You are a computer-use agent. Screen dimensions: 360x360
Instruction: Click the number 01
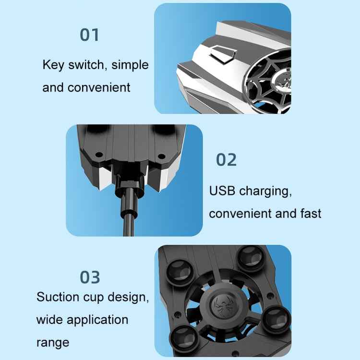coord(89,35)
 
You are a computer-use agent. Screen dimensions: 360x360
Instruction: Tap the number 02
coord(226,160)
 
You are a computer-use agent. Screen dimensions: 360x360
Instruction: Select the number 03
coord(90,277)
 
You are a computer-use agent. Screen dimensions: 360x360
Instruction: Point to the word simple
coord(130,65)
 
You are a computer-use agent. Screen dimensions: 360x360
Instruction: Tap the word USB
coord(223,191)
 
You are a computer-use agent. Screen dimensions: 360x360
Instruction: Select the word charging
coord(265,192)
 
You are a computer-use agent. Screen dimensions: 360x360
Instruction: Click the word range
coord(53,343)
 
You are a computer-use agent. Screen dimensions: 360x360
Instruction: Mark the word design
coord(125,298)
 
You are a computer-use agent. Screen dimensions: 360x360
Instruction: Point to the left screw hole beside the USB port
coord(98,156)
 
